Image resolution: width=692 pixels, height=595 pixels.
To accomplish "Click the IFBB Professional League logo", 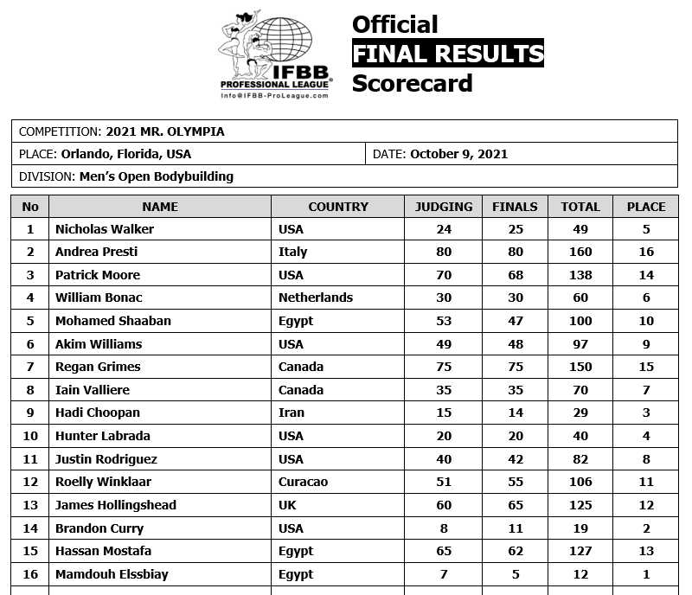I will point(275,57).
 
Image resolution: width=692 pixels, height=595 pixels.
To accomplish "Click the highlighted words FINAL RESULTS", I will point(447,54).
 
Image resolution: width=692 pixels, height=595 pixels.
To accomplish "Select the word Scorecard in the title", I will point(412,83).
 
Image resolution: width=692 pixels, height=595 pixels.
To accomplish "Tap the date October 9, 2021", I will point(458,154).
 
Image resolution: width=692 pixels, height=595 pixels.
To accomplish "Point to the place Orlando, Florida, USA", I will point(126,154).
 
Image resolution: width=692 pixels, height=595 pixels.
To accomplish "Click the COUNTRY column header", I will point(338,207).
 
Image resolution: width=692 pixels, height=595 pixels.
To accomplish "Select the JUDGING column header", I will point(444,207).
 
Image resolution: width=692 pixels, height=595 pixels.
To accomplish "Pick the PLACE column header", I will point(646,207).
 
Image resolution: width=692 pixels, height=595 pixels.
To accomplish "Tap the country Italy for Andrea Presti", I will point(293,252).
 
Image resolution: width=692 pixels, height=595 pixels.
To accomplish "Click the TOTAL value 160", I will point(580,252).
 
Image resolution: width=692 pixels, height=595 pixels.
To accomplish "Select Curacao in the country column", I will point(303,482).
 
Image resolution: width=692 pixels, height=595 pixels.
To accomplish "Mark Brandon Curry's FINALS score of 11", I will point(515,528).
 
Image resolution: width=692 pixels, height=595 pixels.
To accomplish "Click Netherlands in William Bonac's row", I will point(316,297).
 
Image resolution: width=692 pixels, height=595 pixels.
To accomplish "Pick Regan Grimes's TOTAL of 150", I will point(580,367).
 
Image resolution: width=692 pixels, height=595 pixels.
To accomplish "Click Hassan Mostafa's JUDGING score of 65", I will point(444,551).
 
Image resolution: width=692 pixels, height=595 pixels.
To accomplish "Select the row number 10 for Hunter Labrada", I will point(30,436).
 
